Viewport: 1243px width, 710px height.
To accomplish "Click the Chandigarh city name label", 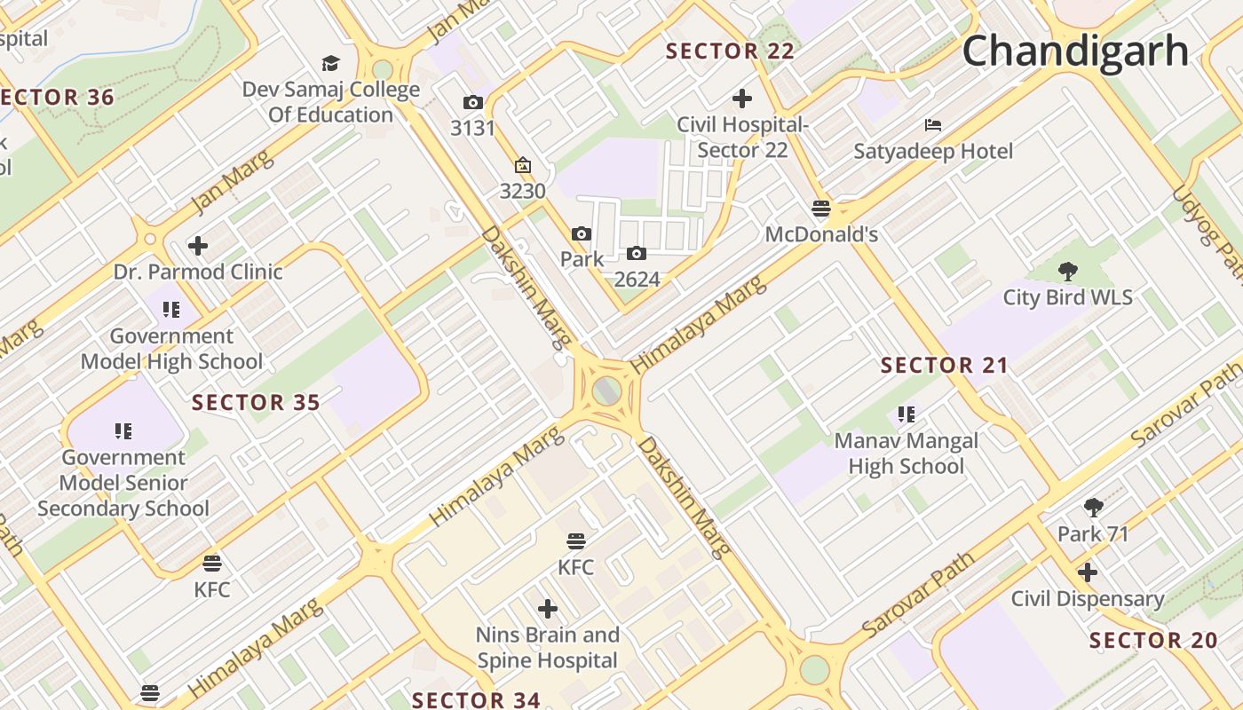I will click(x=1075, y=51).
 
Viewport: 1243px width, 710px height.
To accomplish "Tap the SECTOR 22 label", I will click(x=730, y=51).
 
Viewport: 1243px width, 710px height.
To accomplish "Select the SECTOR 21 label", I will click(x=945, y=365).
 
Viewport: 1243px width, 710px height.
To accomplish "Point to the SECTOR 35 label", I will click(x=256, y=403).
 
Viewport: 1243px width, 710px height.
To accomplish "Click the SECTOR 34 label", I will click(x=476, y=699).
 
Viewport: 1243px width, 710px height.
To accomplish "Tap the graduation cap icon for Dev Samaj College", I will click(x=331, y=63).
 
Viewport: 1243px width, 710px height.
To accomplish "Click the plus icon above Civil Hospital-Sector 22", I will click(x=742, y=99).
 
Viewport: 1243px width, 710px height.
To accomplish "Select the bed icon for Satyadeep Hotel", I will click(x=932, y=124).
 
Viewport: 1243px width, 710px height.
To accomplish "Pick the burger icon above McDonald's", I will click(x=821, y=209).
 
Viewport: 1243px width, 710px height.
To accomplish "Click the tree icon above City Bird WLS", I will click(x=1068, y=271).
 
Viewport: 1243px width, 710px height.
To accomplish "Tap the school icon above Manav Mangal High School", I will click(x=906, y=414).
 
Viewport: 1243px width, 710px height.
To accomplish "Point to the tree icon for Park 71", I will click(x=1094, y=508).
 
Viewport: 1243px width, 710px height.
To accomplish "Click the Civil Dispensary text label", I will click(x=1088, y=599).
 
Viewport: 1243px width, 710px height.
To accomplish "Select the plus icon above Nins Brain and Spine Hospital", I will click(x=548, y=609).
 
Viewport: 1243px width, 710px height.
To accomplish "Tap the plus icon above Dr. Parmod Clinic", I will click(x=198, y=246).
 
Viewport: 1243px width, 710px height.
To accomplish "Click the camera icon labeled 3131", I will click(x=473, y=103).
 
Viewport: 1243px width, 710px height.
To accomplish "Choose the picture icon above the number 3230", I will click(x=522, y=165).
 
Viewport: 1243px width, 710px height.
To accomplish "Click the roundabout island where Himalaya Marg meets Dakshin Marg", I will click(x=606, y=390).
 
